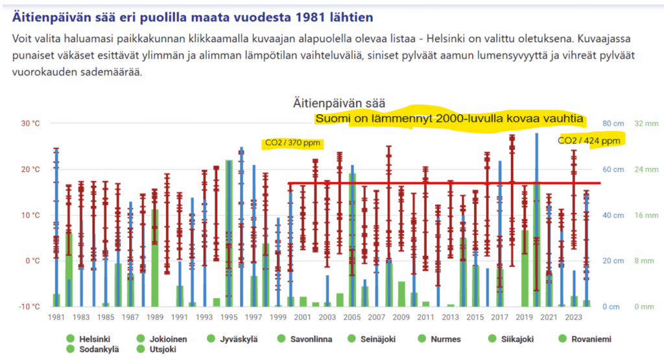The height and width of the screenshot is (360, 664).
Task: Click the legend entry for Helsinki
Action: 94,339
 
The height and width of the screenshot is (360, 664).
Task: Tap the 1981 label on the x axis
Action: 56,317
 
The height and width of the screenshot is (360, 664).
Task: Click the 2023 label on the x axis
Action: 574,317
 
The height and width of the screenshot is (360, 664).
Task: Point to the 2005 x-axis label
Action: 352,317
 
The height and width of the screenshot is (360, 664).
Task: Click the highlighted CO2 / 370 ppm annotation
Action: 292,143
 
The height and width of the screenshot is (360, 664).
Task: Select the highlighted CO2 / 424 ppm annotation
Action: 589,141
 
